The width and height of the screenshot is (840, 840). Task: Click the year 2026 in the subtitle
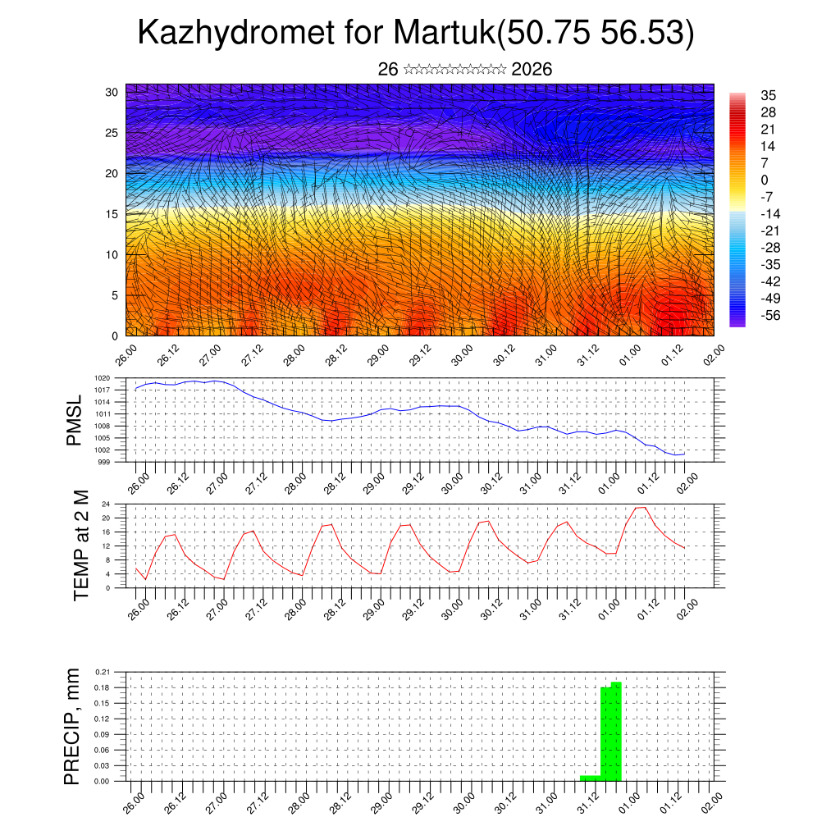tap(532, 70)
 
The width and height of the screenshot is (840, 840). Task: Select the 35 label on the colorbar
tap(768, 95)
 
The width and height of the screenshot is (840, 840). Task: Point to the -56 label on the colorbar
tap(769, 314)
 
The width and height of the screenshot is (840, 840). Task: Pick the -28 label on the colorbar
tap(769, 247)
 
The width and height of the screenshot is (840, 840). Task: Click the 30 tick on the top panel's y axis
tap(112, 92)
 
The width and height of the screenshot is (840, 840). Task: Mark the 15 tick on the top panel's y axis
tap(112, 214)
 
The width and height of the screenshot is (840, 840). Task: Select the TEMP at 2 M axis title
tap(81, 545)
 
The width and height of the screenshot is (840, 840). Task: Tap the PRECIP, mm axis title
tap(73, 726)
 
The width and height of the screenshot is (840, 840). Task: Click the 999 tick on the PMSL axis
tap(106, 462)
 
